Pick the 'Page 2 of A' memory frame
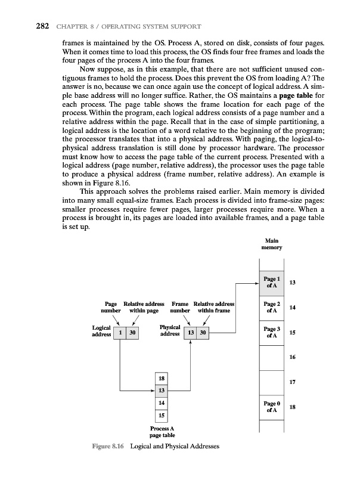(272, 308)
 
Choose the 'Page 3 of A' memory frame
(272, 333)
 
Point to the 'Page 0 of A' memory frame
(272, 407)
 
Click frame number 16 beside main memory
(292, 357)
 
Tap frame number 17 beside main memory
(292, 382)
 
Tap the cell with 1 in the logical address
(121, 332)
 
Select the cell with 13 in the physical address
(191, 332)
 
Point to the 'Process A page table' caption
(162, 432)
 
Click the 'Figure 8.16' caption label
(108, 447)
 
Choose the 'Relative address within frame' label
(214, 307)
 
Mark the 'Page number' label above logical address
(111, 307)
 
